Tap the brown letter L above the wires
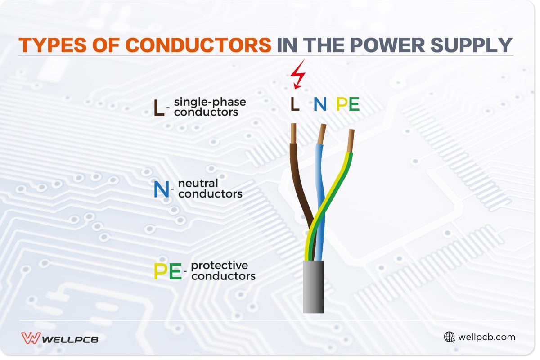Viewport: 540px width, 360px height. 295,104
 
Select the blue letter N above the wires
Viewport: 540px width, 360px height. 320,104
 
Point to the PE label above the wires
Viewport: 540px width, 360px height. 348,104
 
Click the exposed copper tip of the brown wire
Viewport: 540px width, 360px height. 293,134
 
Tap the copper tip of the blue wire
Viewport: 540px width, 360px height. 322,134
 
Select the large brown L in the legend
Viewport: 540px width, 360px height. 158,108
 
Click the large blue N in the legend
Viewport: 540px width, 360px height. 161,190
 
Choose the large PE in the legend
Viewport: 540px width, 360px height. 167,271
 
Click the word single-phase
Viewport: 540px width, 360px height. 210,102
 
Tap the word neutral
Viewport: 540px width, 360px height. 198,184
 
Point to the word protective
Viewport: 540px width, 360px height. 219,265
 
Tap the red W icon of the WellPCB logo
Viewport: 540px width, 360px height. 31,338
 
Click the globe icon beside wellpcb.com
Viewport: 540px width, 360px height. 449,337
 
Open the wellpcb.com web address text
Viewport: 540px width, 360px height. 486,337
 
